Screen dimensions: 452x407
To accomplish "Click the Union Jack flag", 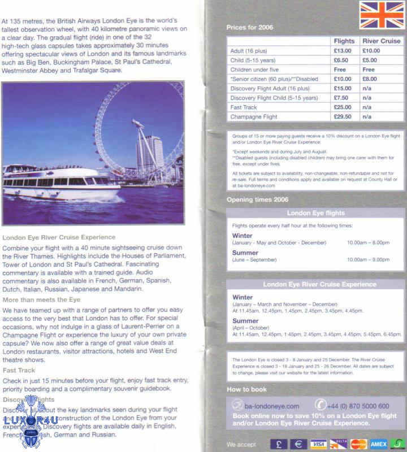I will coord(382,15).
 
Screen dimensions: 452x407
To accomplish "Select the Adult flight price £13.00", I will coord(343,51).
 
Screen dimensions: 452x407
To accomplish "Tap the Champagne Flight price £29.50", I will coord(343,117).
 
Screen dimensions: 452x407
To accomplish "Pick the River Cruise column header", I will coord(381,41).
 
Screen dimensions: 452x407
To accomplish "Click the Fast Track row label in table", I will coord(244,107).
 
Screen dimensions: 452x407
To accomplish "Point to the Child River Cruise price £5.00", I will coord(370,60).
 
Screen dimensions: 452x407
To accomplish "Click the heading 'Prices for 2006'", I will coord(249,27).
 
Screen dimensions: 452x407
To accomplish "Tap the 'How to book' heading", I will coord(246,389).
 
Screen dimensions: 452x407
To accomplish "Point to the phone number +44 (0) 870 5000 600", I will coord(359,406).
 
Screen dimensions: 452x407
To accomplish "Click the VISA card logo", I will coord(319,444).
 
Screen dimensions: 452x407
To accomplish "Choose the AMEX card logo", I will coord(378,444).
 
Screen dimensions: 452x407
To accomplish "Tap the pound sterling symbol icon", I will coord(279,444).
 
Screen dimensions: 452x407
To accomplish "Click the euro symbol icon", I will coord(298,444).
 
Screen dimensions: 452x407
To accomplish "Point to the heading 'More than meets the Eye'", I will coord(41,299).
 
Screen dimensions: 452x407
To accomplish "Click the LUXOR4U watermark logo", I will coord(31,421).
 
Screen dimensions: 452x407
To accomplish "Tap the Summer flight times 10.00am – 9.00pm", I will coord(368,259).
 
